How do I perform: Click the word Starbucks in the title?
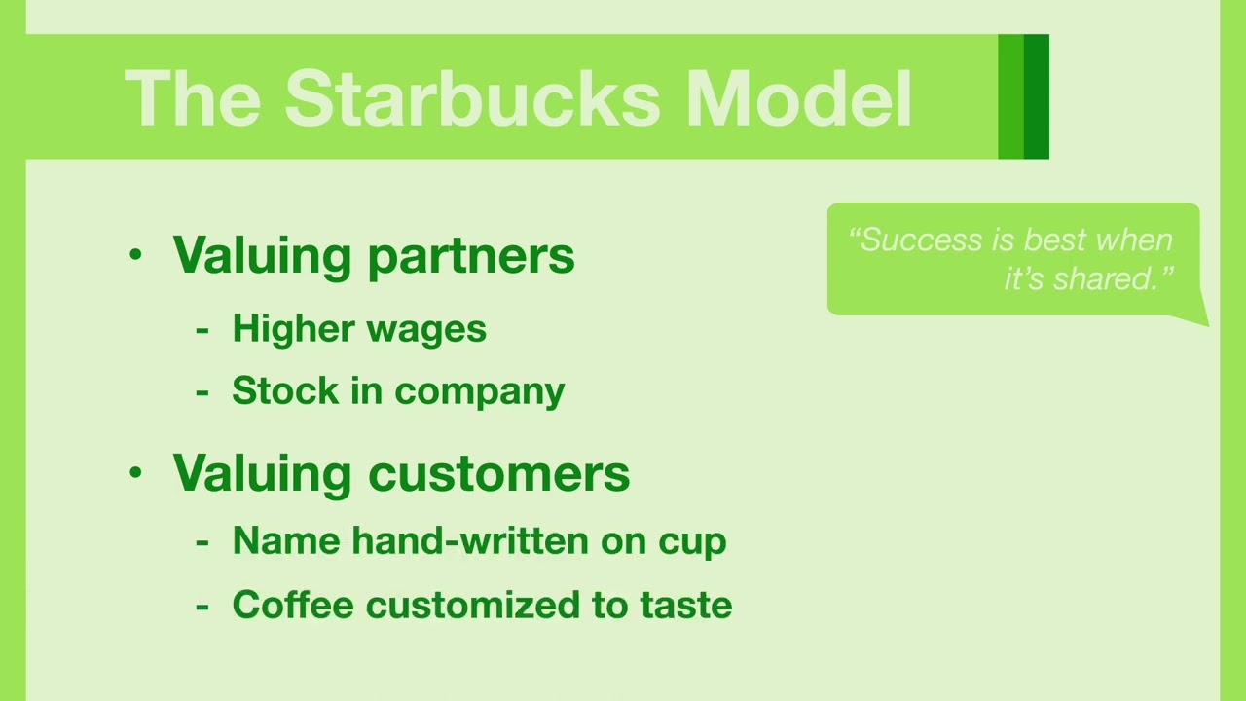pyautogui.click(x=472, y=98)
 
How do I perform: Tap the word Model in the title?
pyautogui.click(x=799, y=98)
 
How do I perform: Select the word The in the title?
pyautogui.click(x=193, y=98)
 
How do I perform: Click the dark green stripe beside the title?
pyautogui.click(x=1037, y=96)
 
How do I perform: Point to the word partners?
pyautogui.click(x=471, y=258)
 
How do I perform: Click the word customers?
pyautogui.click(x=499, y=473)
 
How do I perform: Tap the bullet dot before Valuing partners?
pyautogui.click(x=135, y=254)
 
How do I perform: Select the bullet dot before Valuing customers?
pyautogui.click(x=135, y=472)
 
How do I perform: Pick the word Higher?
pyautogui.click(x=293, y=329)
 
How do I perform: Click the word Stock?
pyautogui.click(x=285, y=390)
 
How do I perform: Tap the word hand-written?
pyautogui.click(x=470, y=540)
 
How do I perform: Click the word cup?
pyautogui.click(x=692, y=543)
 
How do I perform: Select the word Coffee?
pyautogui.click(x=293, y=605)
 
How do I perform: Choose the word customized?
pyautogui.click(x=473, y=605)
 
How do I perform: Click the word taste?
pyautogui.click(x=686, y=606)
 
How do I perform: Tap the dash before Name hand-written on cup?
pyautogui.click(x=202, y=542)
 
